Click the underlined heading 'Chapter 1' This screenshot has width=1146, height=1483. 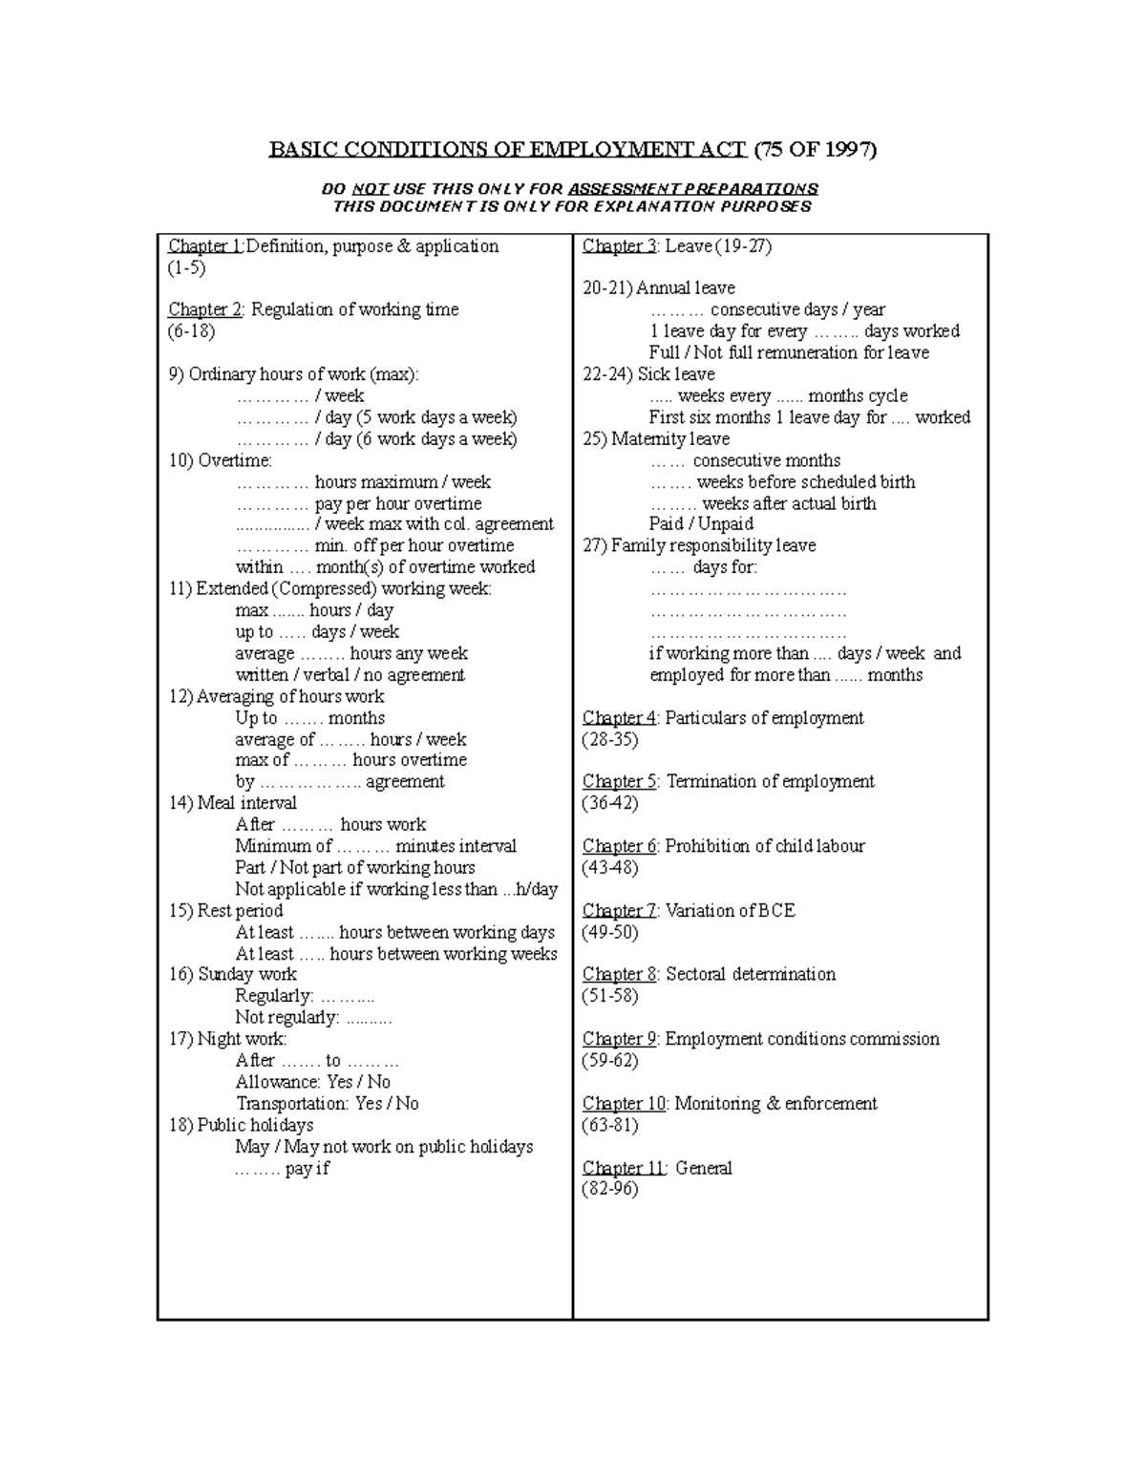coord(205,246)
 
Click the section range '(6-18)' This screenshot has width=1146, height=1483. coord(191,331)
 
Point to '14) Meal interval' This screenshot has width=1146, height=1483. coord(233,803)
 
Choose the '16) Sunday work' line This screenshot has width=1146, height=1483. coord(233,974)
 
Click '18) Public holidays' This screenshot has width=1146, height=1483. coord(241,1125)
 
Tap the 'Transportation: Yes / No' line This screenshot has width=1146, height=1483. coord(327,1104)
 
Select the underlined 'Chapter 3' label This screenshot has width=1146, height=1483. coord(619,246)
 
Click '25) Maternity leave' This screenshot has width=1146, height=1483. coord(656,439)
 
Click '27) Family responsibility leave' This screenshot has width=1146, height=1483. coord(699,545)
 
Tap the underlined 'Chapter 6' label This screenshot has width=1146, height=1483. coord(620,846)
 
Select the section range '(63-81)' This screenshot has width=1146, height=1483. coord(610,1125)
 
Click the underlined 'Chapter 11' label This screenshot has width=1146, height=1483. coord(624,1168)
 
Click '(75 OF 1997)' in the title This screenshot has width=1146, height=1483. coord(815,150)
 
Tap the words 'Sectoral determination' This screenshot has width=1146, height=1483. coord(750,974)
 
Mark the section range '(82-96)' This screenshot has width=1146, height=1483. coord(610,1189)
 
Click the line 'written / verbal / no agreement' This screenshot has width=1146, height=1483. coord(350,675)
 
